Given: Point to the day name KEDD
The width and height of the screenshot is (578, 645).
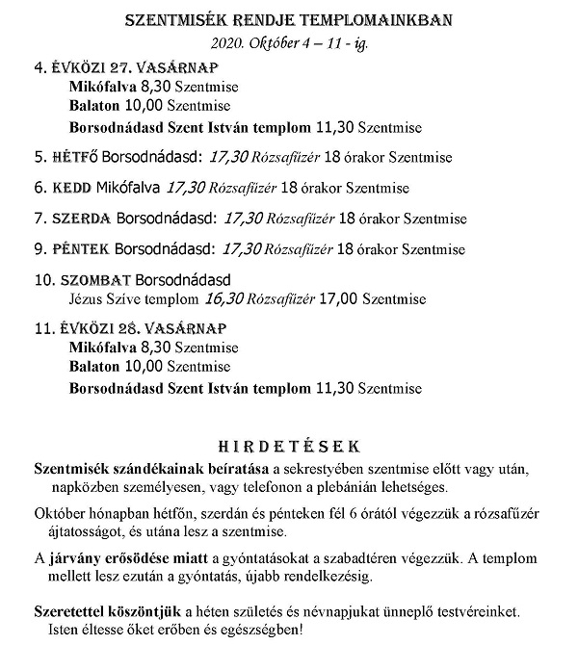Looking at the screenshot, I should [x=76, y=188].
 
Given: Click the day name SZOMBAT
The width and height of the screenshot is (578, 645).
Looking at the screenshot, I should [x=91, y=281].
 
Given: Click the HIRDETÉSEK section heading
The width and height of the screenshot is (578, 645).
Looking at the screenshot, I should [x=290, y=447].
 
